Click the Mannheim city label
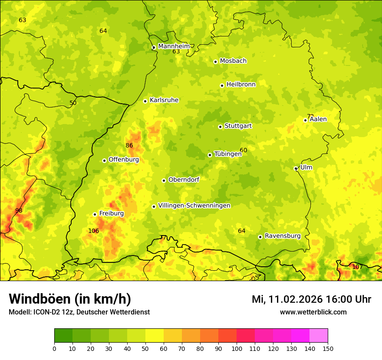174,46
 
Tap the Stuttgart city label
238,126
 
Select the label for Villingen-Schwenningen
194,206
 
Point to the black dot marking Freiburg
95,214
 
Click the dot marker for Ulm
296,168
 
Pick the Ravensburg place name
282,236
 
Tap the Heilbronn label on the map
241,85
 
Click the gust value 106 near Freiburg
93,231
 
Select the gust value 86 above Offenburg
129,145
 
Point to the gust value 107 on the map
357,267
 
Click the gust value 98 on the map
19,210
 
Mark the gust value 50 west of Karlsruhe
73,103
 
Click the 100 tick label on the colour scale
237,348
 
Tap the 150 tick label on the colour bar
328,348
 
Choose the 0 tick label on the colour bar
54,348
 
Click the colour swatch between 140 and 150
319,336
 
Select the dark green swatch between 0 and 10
63,336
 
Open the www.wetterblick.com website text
313,312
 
